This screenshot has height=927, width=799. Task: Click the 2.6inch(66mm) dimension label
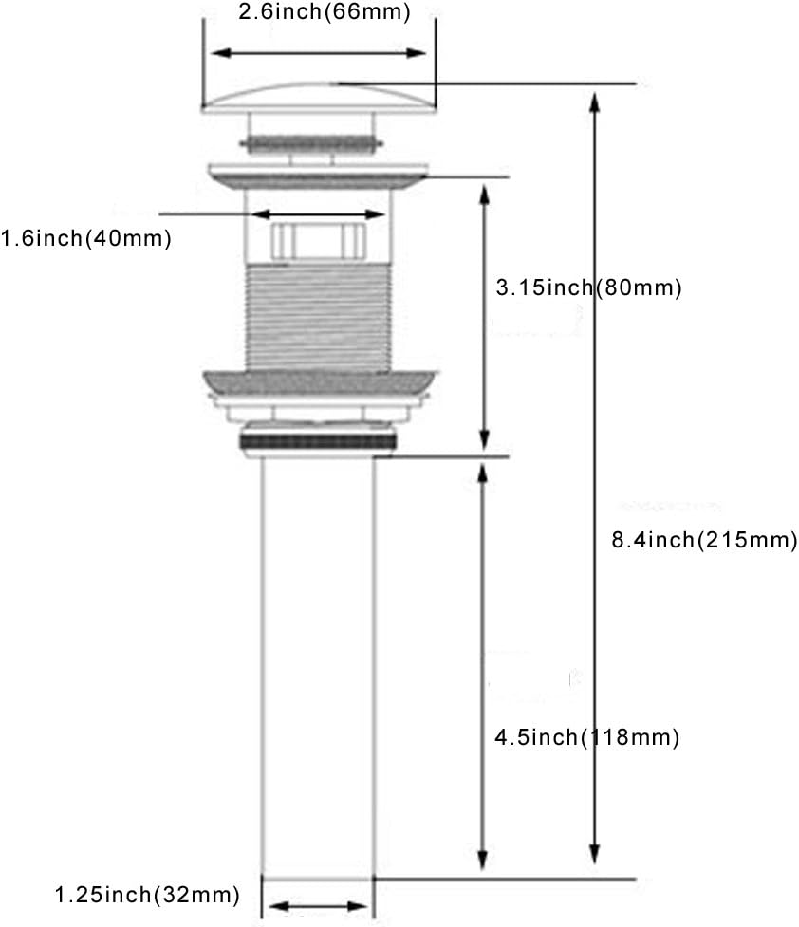coord(325,11)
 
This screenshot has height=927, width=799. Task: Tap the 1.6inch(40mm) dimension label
coord(85,239)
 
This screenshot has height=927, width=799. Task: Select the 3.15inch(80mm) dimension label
coord(589,287)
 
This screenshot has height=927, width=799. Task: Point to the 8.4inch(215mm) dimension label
coord(704,540)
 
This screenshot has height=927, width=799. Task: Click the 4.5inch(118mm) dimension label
coord(587,737)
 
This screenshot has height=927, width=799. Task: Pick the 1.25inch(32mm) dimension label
coord(147,895)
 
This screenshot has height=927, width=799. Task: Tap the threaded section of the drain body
coord(318,318)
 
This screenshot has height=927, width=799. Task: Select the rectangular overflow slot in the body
coord(318,241)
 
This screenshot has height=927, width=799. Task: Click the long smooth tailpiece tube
coord(318,665)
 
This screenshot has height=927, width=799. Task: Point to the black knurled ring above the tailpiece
coord(318,441)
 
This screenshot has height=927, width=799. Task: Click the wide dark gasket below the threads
coord(320,382)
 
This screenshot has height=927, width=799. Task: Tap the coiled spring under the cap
coord(311,143)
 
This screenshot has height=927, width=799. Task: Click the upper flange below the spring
coord(318,176)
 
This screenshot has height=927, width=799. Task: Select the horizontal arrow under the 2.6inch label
coord(318,53)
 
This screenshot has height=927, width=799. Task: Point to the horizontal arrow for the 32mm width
coord(318,906)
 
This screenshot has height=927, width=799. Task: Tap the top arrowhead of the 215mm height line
coord(595,102)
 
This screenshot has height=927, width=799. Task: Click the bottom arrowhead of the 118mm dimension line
coord(483,861)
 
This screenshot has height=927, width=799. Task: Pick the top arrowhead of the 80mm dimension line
coord(484,195)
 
